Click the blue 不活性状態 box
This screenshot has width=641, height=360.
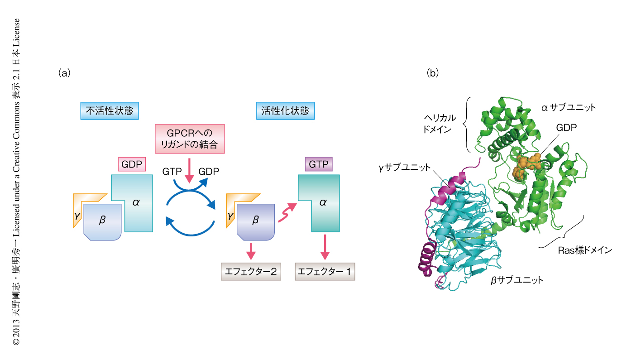tap(109, 110)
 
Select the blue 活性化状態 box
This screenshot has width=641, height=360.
tap(288, 110)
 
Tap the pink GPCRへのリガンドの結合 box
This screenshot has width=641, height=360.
tap(190, 139)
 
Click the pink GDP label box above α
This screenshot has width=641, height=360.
tap(132, 164)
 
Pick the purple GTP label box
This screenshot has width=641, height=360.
tap(319, 164)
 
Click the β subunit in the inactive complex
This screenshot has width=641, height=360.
tap(102, 221)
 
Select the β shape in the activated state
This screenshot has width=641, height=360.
tap(255, 221)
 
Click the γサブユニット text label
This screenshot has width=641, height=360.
tap(405, 168)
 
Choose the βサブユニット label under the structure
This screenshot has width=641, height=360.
tap(517, 280)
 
